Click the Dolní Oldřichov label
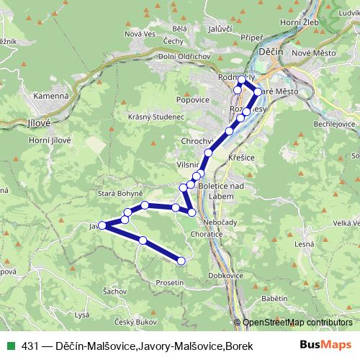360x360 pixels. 163,57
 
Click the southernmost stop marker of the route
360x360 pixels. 181,260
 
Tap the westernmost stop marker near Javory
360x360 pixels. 102,225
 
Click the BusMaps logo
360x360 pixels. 325,346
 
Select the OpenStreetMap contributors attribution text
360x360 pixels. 297,322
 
